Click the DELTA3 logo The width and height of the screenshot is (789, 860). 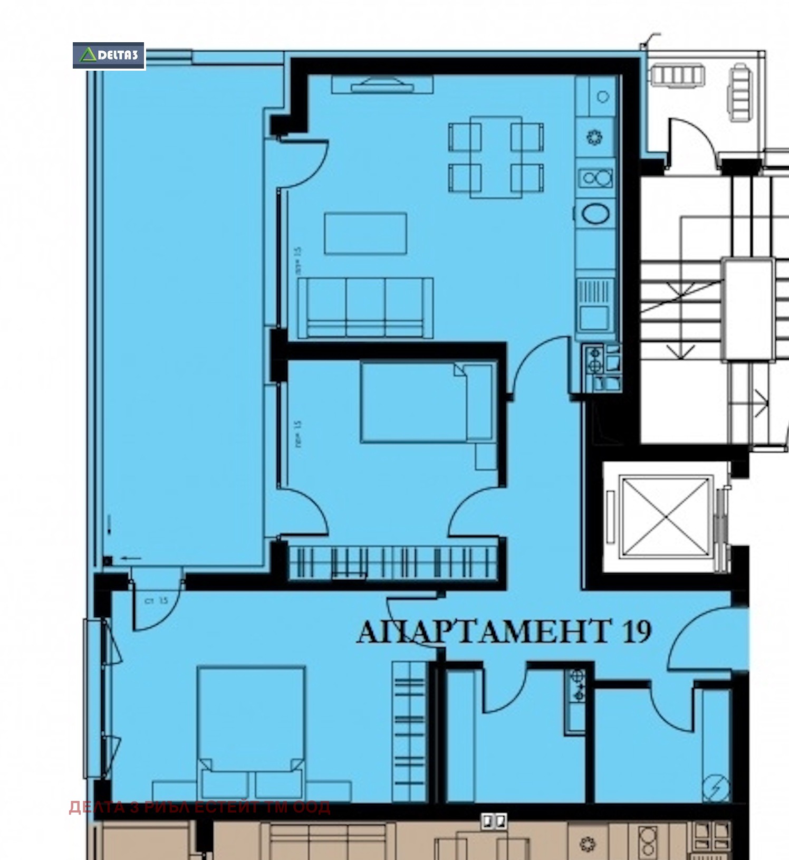coord(109,55)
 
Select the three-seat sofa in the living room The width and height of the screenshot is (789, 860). coord(365,308)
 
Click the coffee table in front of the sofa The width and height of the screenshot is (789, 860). coord(365,233)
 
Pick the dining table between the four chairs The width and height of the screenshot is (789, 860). coord(496,157)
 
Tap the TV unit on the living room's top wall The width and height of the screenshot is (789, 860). coord(382,84)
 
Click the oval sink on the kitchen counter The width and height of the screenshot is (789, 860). coord(595,214)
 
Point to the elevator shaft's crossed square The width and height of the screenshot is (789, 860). coord(667,515)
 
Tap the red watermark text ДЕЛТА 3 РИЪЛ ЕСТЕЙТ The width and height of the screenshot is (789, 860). coord(200,807)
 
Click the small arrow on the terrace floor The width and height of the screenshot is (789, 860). coord(131,558)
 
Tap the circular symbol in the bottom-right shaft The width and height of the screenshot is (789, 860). coord(716,788)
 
